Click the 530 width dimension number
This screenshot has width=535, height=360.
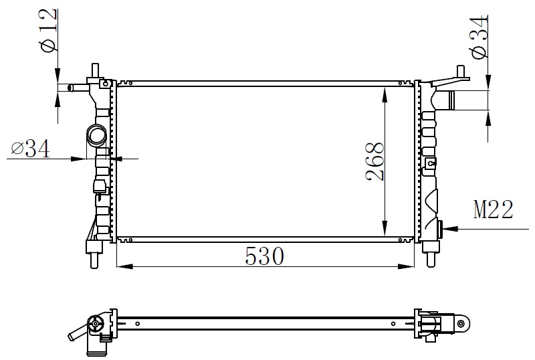(x=264, y=256)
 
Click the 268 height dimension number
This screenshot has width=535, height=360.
(x=374, y=161)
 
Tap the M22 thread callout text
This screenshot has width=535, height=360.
(x=494, y=209)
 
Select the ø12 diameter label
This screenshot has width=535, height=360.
(x=48, y=30)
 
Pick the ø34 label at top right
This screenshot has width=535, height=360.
(x=479, y=37)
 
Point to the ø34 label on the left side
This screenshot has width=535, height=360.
(x=30, y=149)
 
